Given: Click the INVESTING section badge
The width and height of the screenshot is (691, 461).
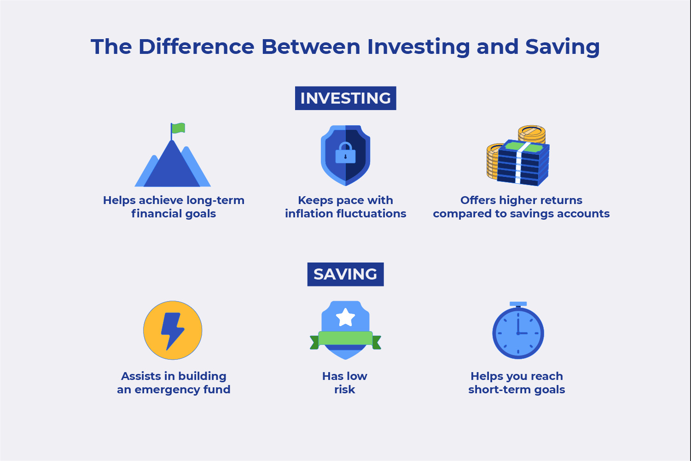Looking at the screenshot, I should tap(345, 98).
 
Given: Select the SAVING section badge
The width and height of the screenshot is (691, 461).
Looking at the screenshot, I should tap(345, 274).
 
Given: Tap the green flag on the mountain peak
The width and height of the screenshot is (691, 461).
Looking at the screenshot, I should tap(178, 128).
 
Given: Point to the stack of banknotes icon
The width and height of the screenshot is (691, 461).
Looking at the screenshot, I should tap(524, 163).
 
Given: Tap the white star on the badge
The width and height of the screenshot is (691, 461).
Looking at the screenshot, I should tap(345, 317).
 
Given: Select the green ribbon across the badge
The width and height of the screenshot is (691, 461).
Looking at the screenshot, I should tap(345, 339).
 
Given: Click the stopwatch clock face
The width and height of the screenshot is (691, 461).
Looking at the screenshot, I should tap(518, 333).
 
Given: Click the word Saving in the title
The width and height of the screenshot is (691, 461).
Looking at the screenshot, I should tap(562, 47).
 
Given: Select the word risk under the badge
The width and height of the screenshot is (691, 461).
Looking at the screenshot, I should tap(345, 390).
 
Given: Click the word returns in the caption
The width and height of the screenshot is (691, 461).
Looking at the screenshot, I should tap(561, 200).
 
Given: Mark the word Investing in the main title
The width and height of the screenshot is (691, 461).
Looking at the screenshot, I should tap(418, 47).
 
